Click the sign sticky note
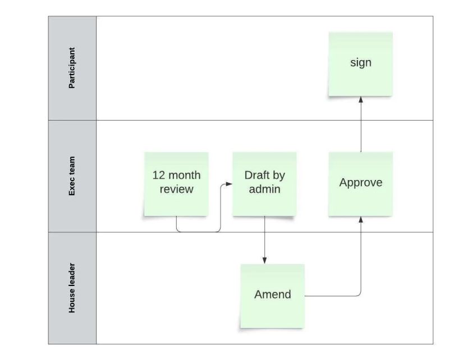click(x=360, y=63)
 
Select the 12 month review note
click(x=176, y=183)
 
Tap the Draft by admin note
click(x=264, y=183)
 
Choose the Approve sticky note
click(x=360, y=183)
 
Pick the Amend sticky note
click(x=272, y=295)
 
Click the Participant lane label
click(x=72, y=68)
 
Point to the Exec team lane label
click(x=72, y=176)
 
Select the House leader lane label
click(x=72, y=288)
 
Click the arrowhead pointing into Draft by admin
click(x=229, y=183)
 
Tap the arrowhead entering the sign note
click(x=361, y=99)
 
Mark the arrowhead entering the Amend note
click(x=264, y=260)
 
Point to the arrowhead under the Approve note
click(x=361, y=219)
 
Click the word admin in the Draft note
click(x=264, y=190)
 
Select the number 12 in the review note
click(x=158, y=176)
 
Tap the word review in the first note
click(x=176, y=190)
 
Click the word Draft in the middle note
click(x=256, y=176)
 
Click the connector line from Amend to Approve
click(x=337, y=295)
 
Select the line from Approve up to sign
click(x=361, y=126)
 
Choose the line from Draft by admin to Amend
click(x=264, y=238)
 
